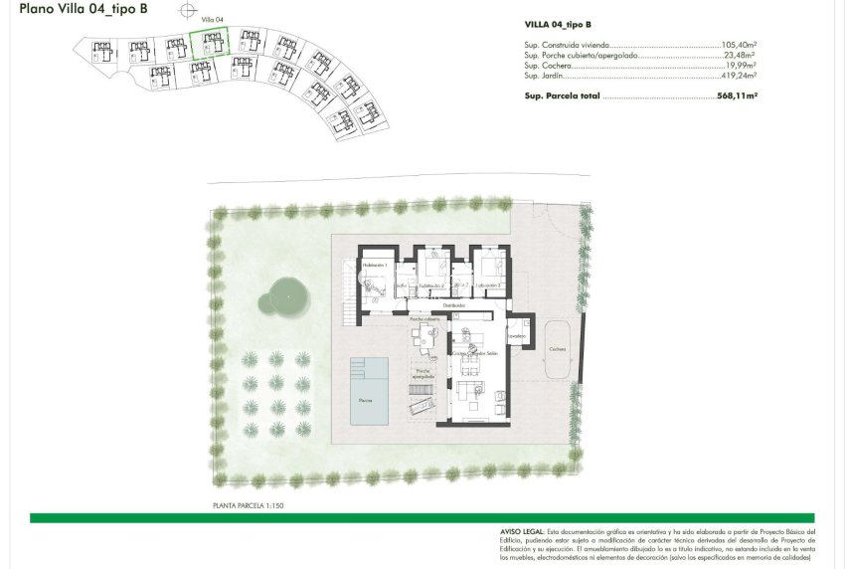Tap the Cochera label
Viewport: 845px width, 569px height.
click(558, 349)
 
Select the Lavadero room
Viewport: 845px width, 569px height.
click(517, 336)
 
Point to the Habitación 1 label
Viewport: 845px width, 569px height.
click(374, 266)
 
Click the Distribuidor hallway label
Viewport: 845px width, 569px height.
click(453, 305)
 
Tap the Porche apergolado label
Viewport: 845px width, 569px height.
click(422, 372)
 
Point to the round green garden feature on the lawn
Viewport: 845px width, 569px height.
click(286, 293)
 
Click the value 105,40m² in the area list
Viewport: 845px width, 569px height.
click(739, 46)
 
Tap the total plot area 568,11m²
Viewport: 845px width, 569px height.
click(737, 96)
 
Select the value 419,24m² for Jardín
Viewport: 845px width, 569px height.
click(739, 76)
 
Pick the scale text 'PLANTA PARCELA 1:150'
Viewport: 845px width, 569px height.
click(249, 505)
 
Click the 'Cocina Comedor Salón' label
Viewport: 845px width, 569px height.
click(474, 353)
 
